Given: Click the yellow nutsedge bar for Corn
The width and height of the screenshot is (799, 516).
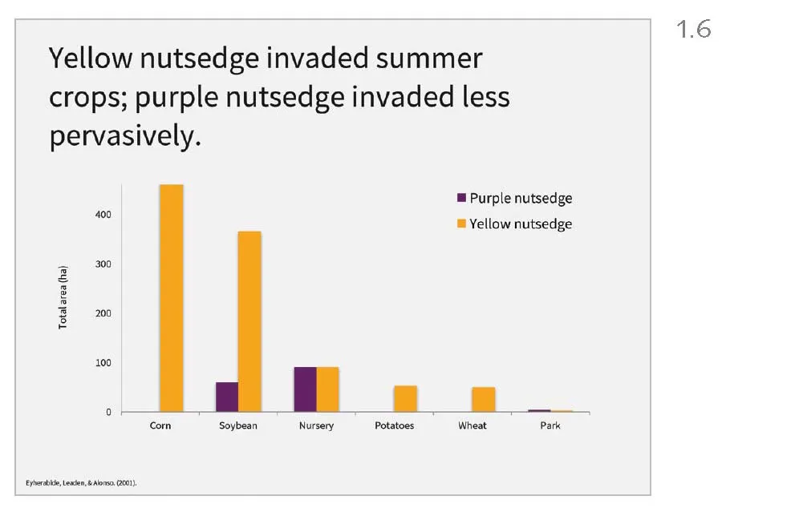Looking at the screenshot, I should (x=172, y=298).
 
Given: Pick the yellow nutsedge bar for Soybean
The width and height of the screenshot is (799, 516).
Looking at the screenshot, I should (x=249, y=322).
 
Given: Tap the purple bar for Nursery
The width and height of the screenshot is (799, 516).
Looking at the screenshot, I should (x=305, y=389).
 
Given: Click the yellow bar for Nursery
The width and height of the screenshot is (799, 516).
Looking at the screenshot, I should (x=327, y=389).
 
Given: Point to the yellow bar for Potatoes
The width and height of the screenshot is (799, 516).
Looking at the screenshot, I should (x=405, y=399).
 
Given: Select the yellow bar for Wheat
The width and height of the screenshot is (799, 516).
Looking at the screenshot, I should (x=483, y=400).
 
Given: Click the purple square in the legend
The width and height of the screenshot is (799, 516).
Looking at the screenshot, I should (x=461, y=198).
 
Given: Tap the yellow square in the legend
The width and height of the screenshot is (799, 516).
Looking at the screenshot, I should (x=461, y=224).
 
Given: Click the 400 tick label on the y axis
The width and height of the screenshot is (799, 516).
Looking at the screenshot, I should (x=105, y=215).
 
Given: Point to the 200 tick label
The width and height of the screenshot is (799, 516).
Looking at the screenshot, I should (x=105, y=313).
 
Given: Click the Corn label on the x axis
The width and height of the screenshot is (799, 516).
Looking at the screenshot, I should (x=160, y=425).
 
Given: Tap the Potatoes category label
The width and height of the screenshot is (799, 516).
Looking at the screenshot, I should (x=395, y=425).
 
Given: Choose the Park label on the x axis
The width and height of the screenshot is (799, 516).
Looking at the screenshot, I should (x=550, y=425).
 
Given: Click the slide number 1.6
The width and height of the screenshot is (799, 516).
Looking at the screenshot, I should (x=694, y=30).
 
